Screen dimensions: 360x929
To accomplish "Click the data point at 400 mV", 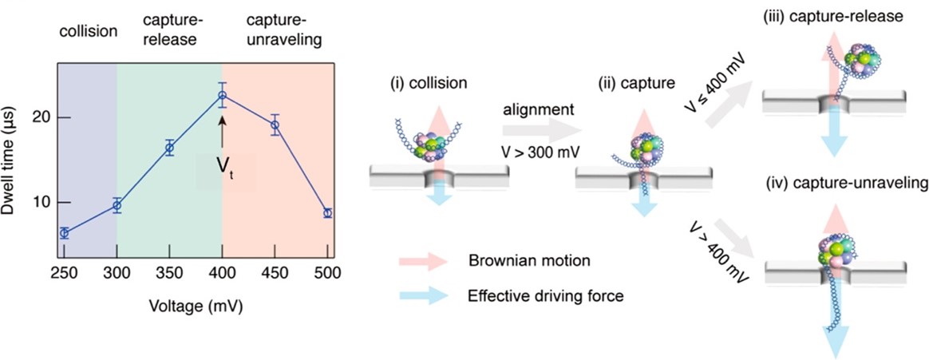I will [x=223, y=96].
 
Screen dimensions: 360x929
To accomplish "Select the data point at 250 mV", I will [x=64, y=233].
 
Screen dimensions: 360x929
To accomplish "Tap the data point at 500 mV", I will [x=327, y=213].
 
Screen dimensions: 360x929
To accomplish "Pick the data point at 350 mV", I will [x=169, y=148].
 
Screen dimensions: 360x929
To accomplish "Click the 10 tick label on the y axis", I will [x=42, y=202].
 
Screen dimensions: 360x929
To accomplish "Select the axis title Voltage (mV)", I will [x=196, y=307].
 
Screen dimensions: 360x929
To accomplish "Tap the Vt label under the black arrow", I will [x=226, y=168].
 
